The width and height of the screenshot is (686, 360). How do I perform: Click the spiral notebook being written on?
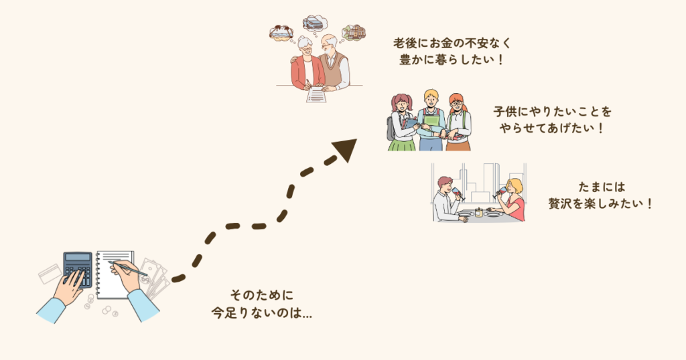pyautogui.click(x=115, y=274)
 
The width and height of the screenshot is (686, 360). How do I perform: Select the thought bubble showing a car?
pyautogui.click(x=314, y=23)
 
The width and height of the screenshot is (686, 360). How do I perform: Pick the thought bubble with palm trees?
pyautogui.click(x=281, y=33)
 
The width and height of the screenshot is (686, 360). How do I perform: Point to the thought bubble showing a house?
pyautogui.click(x=354, y=33)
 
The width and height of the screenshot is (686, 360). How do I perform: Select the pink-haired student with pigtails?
pyautogui.click(x=402, y=122)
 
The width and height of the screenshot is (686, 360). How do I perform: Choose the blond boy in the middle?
pyautogui.click(x=431, y=120)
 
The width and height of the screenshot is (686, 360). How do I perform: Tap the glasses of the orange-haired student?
pyautogui.click(x=456, y=104)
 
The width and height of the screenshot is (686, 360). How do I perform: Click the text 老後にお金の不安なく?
pyautogui.click(x=452, y=43)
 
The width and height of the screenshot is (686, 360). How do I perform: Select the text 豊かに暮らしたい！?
pyautogui.click(x=452, y=60)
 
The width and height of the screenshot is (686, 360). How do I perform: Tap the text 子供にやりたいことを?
pyautogui.click(x=552, y=112)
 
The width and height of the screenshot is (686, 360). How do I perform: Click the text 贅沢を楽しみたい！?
pyautogui.click(x=601, y=203)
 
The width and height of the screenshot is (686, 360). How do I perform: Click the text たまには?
pyautogui.click(x=602, y=187)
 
